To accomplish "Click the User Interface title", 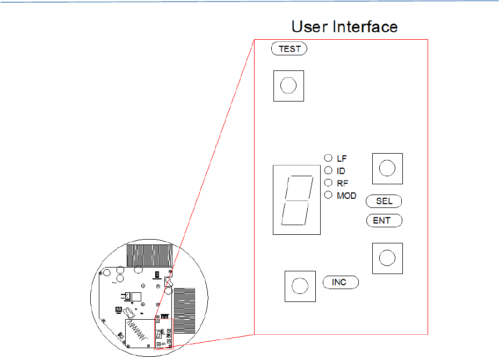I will [344, 26].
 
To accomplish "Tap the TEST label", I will [290, 49].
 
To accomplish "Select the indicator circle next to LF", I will [328, 158].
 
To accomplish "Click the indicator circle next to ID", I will [328, 170].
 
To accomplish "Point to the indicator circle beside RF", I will [328, 183].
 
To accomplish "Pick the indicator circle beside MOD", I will [328, 195].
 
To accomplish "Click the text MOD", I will [346, 196].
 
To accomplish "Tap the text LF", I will [342, 159].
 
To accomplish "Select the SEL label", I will [384, 201].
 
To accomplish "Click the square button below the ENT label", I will [387, 258].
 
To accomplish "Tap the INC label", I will [339, 282].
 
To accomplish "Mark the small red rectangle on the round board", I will [163, 333].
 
